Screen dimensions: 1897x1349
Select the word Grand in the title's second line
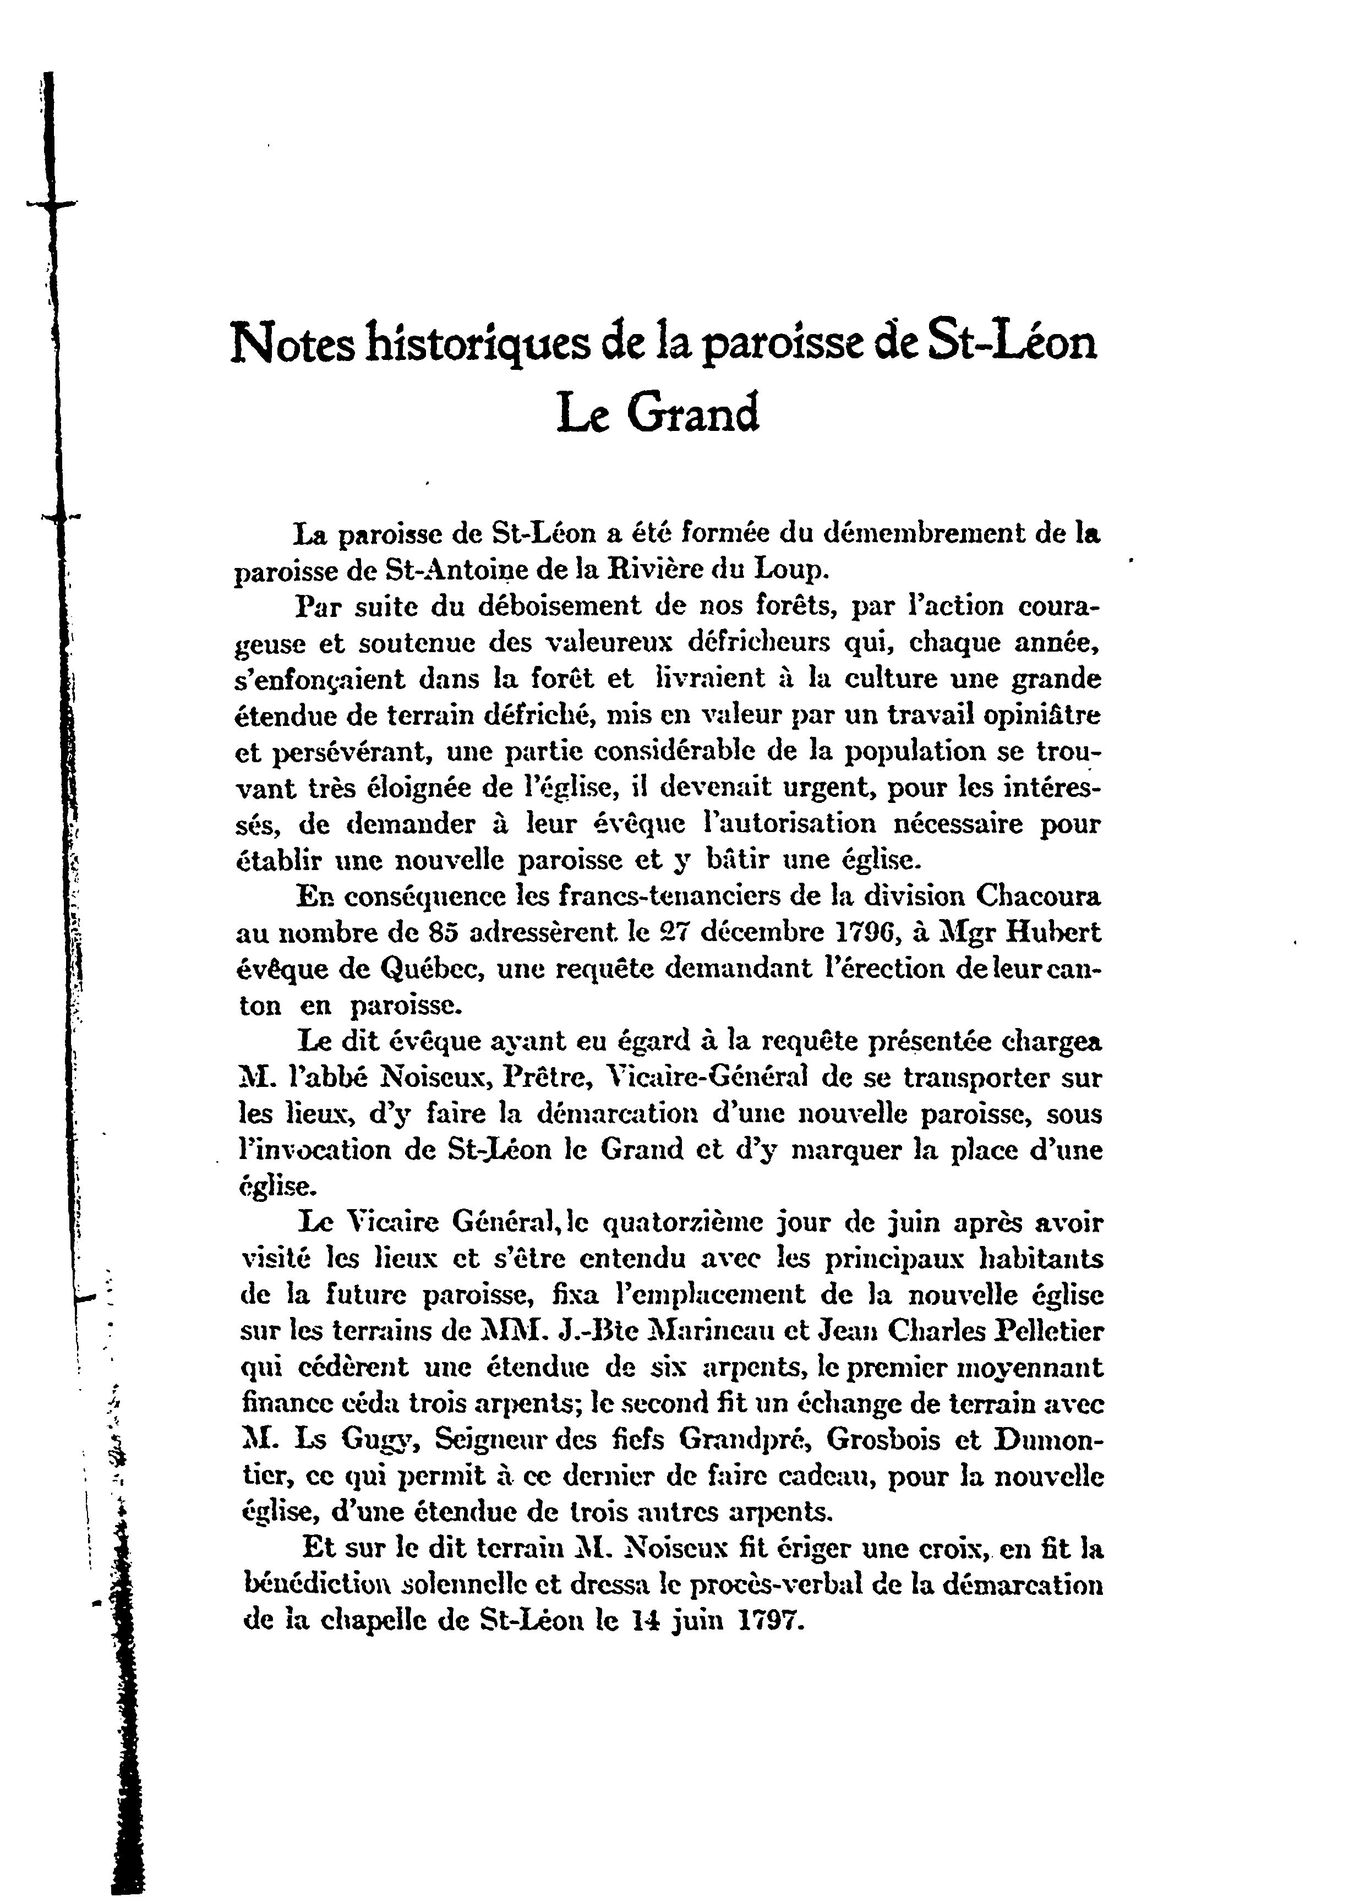coord(693,414)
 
